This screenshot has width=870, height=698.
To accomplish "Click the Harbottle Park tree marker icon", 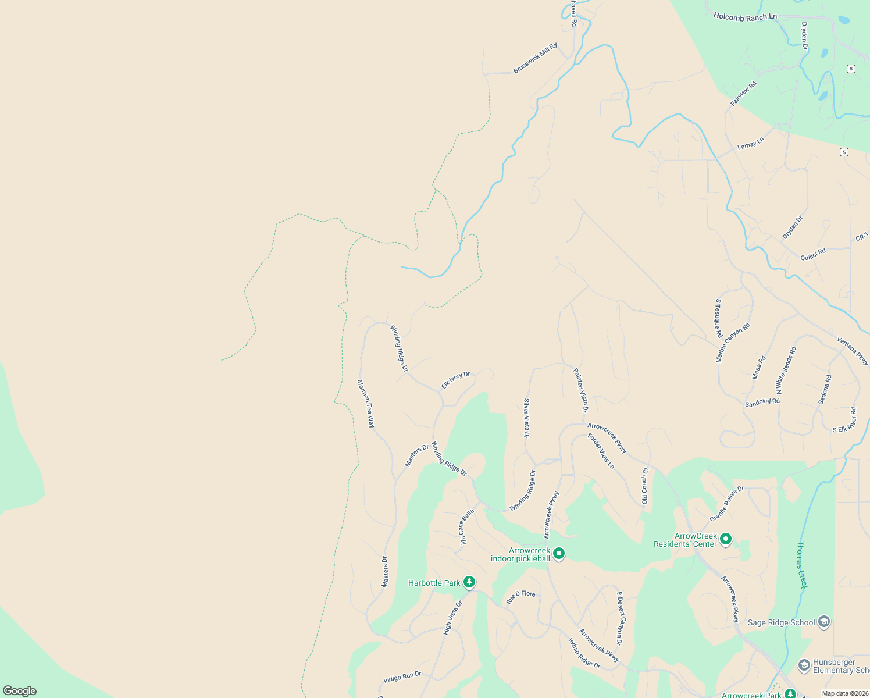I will point(469,582).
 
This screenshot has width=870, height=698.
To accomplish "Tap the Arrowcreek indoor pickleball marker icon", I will point(559,553).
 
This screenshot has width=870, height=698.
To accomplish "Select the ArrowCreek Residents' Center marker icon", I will point(725,539).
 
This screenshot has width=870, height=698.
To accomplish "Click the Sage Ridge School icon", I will point(823,622).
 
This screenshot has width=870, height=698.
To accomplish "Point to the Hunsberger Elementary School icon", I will point(804,665).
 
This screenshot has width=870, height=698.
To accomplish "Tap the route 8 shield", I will point(851,69).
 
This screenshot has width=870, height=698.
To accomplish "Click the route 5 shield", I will point(844,152).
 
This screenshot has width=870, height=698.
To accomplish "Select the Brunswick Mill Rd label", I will point(535,58).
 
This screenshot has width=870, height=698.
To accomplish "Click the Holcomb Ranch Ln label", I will point(745,17).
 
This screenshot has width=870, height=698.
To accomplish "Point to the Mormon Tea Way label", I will point(366,403).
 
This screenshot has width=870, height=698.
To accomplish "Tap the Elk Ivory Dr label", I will point(455,380).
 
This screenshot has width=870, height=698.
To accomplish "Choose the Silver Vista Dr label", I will point(527,418).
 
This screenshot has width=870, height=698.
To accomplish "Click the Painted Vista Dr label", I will point(580,390).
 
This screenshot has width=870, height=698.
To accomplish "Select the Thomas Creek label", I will point(802,565).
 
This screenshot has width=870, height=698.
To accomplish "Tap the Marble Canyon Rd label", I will point(733,343).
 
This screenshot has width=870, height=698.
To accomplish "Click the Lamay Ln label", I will point(750,143).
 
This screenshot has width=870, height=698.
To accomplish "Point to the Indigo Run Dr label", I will point(402,678).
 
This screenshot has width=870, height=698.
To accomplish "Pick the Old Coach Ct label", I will point(645,486).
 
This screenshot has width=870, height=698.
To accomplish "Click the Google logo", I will point(20,690).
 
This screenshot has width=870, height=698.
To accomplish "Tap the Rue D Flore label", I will point(520,596).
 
